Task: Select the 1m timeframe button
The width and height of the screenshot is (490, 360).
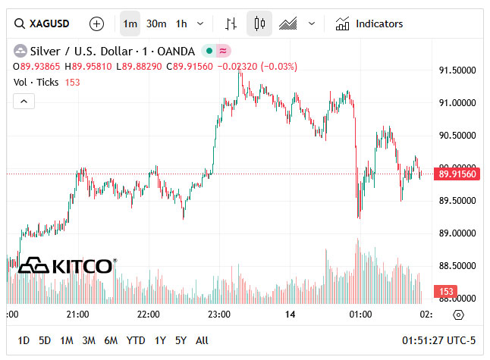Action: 130,23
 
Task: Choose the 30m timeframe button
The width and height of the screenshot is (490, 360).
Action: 156,23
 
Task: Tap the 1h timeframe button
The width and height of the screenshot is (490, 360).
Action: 181,23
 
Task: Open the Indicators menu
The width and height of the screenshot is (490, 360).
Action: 369,23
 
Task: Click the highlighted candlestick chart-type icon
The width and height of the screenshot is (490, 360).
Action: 259,23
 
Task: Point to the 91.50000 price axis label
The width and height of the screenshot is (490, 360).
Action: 458,70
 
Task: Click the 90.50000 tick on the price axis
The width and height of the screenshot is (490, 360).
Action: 458,136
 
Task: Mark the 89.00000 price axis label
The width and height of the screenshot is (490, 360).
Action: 458,233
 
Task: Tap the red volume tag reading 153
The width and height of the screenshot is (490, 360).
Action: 447,292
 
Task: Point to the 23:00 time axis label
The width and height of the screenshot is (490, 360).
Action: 219,314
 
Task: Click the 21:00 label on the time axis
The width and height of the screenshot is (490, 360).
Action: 78,314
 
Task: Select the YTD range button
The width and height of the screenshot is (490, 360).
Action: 136,341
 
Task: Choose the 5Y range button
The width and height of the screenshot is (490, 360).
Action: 181,341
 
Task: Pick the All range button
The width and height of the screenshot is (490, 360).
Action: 202,341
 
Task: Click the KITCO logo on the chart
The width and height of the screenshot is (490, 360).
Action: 67,265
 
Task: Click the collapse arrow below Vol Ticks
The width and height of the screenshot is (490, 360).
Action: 24,101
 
